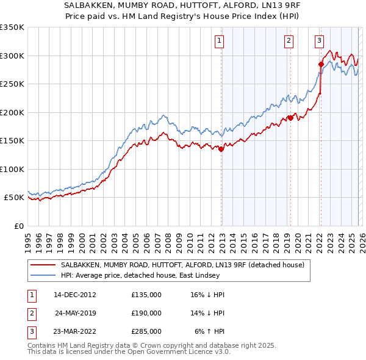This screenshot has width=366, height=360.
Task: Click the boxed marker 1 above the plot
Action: (x=219, y=41)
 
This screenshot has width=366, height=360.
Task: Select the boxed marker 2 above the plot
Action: (x=288, y=41)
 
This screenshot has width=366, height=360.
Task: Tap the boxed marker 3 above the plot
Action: (x=319, y=41)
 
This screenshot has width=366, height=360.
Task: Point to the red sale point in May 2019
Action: (x=290, y=118)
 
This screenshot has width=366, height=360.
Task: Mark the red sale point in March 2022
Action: (x=321, y=64)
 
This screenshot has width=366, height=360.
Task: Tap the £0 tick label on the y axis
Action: (x=18, y=226)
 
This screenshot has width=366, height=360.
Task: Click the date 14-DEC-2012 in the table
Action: (x=75, y=295)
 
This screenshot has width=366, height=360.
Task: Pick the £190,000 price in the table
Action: (x=146, y=313)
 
